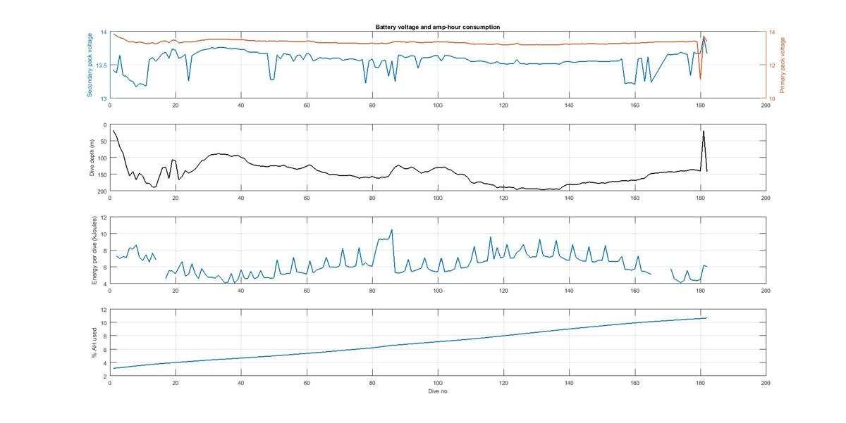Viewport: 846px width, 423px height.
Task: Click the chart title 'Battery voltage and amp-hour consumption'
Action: [x=438, y=27]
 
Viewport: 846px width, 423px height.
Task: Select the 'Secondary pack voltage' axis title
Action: [x=90, y=65]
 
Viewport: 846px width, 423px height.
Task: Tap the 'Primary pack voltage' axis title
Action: [x=783, y=65]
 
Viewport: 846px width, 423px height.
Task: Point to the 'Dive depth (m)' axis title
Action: [x=92, y=158]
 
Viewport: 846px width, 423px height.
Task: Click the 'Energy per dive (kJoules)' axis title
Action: [x=94, y=250]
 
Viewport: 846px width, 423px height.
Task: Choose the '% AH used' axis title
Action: [x=94, y=343]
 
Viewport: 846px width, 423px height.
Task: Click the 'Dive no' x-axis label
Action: [x=438, y=391]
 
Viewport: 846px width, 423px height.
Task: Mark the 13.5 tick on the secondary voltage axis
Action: [x=102, y=65]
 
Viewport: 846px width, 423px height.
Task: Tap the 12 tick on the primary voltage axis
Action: [x=771, y=65]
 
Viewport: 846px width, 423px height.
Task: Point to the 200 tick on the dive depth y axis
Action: [x=102, y=191]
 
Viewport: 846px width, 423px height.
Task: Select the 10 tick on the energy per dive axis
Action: [x=103, y=234]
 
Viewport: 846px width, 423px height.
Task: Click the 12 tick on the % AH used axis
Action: [x=103, y=310]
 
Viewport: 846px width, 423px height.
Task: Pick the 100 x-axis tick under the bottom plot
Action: [x=438, y=383]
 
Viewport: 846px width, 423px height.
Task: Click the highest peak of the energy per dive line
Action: [x=392, y=229]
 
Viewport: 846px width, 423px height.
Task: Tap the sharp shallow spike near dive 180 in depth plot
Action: [x=703, y=131]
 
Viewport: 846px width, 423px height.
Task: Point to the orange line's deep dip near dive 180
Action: [x=700, y=79]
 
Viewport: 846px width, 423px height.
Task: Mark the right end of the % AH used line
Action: [x=706, y=318]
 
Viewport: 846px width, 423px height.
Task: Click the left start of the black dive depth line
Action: [x=113, y=131]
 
